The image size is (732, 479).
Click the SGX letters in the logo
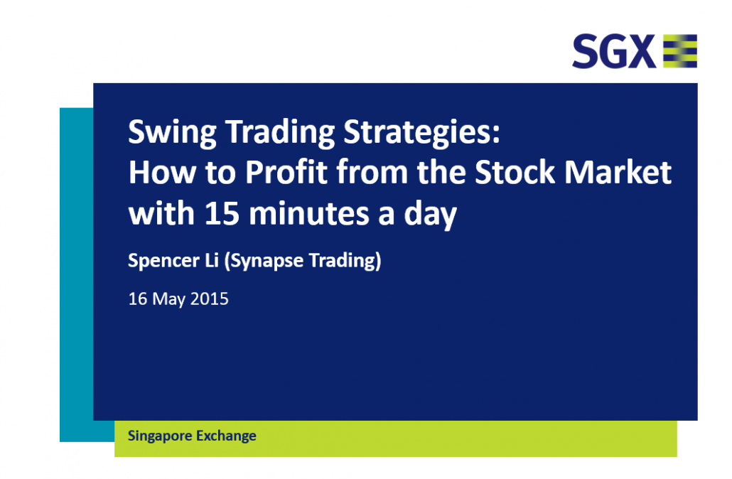point(614,51)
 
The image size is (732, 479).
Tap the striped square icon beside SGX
point(680,51)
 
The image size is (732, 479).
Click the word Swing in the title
point(172,133)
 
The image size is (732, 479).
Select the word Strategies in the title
point(422,133)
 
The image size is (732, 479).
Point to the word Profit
point(286,172)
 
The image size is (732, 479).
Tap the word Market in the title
point(618,172)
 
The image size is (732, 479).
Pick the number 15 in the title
point(222,213)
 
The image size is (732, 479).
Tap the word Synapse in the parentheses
point(264,261)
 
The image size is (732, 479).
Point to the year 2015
point(210,298)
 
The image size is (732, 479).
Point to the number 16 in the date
point(138,298)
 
